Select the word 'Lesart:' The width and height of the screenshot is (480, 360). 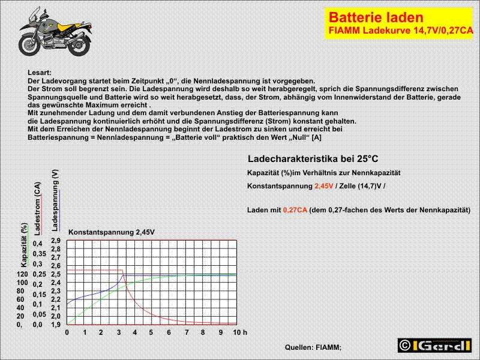click(40, 73)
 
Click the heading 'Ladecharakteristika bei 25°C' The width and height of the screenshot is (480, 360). click(313, 159)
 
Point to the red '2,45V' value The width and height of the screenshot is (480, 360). click(324, 186)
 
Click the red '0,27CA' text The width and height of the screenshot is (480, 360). click(295, 210)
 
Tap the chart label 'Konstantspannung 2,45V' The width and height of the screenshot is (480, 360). click(107, 232)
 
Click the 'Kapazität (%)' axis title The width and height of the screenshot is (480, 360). click(24, 245)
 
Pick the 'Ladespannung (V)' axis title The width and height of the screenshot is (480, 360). click(55, 200)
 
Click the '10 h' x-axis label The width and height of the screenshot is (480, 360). click(240, 332)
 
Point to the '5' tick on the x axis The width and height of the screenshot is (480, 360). click(152, 332)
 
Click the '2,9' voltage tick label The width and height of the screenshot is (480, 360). click(56, 241)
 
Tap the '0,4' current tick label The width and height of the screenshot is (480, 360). click(38, 244)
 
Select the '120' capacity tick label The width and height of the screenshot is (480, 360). click(23, 274)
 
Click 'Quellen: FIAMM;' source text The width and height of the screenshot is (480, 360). click(313, 347)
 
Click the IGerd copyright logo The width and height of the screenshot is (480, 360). click(434, 345)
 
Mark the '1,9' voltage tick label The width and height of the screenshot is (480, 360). click(56, 325)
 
